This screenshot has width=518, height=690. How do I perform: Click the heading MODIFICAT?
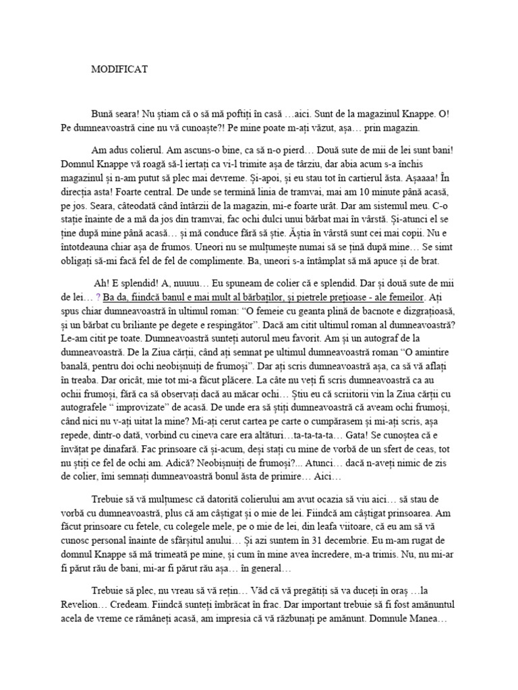(119, 69)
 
